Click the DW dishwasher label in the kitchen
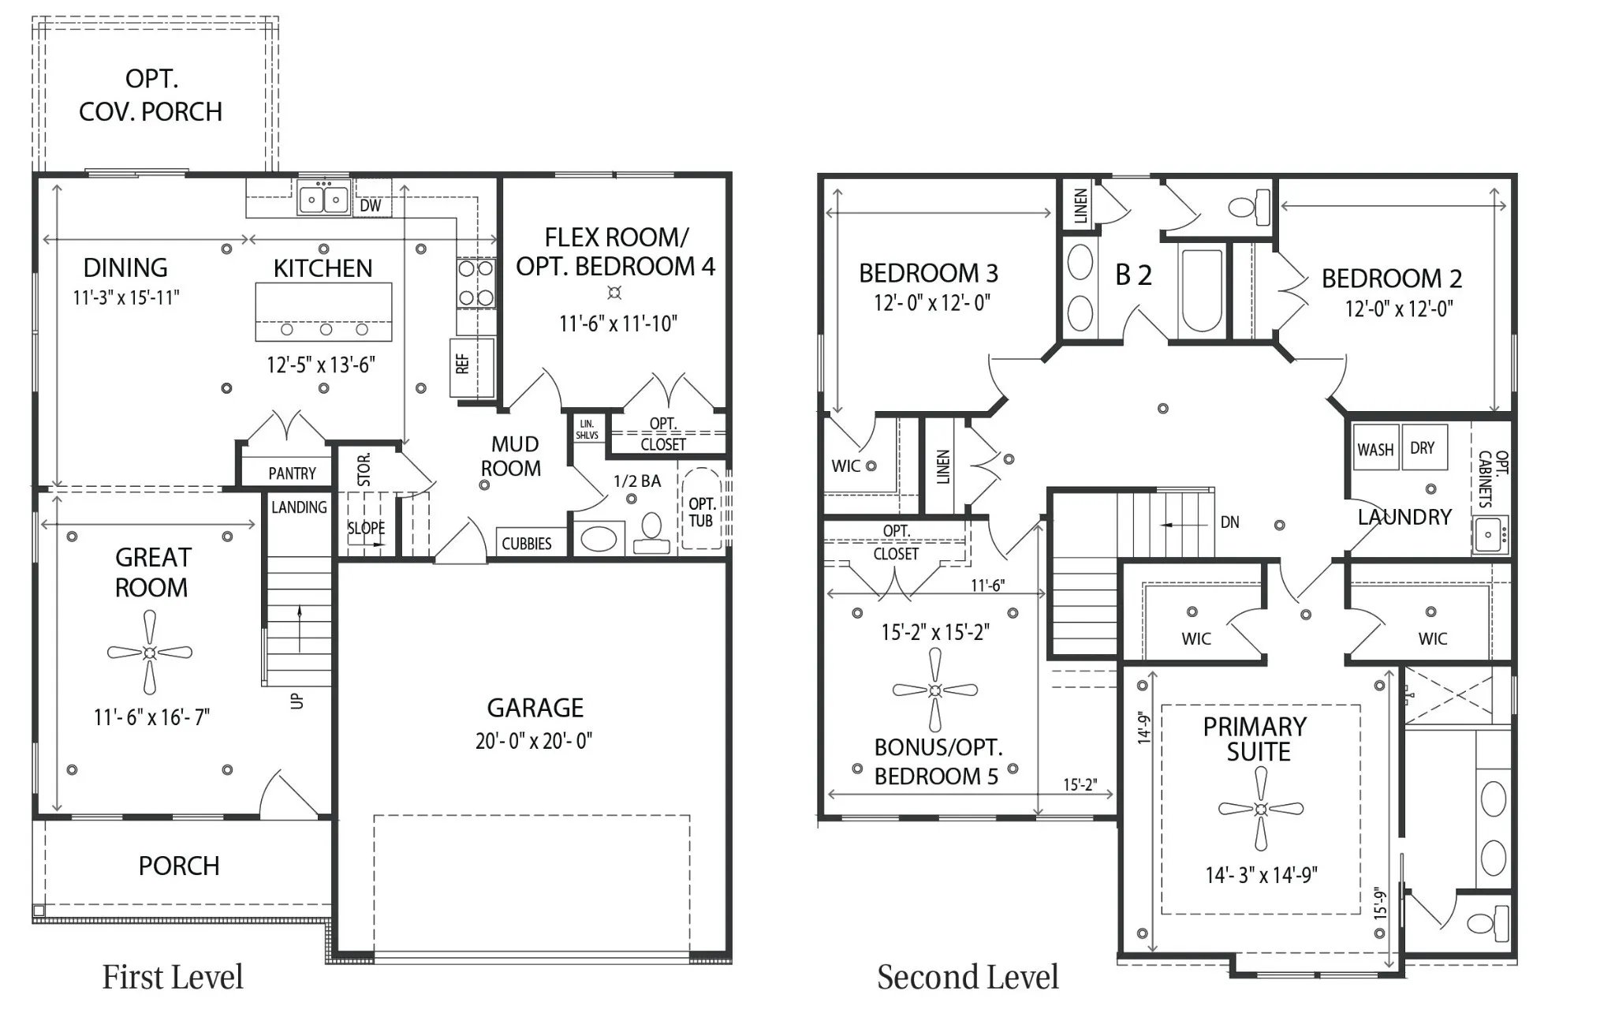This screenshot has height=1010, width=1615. [370, 206]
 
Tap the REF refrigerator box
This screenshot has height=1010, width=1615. [472, 367]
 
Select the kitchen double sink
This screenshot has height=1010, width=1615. [323, 197]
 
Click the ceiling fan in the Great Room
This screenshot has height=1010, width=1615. [150, 653]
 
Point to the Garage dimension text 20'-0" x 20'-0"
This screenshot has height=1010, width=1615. [534, 741]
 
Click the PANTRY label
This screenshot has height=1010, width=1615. [292, 473]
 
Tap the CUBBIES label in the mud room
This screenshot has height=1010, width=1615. [527, 544]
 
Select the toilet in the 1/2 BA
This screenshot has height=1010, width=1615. [651, 533]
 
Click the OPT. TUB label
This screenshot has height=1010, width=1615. [701, 512]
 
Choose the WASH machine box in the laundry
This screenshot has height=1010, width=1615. [1375, 447]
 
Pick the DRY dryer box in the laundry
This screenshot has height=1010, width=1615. [1424, 447]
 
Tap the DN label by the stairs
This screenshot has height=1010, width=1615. [1229, 522]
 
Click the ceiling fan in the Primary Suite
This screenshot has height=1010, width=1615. [1260, 809]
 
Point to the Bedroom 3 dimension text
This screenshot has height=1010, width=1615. [931, 303]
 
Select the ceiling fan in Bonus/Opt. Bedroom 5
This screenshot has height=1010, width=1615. [935, 690]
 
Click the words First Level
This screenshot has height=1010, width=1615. [173, 978]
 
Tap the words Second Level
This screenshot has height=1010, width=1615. [968, 978]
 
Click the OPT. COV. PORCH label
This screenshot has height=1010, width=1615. [151, 95]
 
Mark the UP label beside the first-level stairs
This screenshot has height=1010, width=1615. [297, 700]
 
